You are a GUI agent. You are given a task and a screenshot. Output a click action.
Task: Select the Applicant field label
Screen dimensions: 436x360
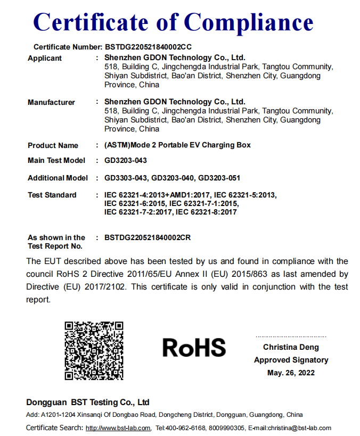45,59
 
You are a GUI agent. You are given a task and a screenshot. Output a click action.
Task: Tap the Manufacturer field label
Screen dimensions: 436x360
51,102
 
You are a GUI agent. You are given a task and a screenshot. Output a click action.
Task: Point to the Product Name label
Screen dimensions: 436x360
53,145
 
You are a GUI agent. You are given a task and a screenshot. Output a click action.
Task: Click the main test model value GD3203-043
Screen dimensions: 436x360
126,160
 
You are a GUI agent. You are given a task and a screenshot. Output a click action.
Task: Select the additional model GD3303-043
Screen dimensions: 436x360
126,178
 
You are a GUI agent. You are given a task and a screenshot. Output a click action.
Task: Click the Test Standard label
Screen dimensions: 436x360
52,195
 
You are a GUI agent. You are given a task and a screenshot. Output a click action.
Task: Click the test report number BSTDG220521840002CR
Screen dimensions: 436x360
148,237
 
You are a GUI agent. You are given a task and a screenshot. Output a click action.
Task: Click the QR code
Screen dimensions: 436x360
94,350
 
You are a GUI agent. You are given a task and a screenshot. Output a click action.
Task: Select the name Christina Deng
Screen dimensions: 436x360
291,347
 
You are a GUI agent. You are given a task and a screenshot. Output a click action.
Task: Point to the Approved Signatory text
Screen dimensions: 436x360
291,360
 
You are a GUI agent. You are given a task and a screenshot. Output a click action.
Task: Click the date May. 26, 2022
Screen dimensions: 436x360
291,373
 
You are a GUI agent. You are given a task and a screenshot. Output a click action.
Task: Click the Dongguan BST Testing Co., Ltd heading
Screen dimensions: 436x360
88,402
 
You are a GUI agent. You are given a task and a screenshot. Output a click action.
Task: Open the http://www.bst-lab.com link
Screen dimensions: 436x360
118,428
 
